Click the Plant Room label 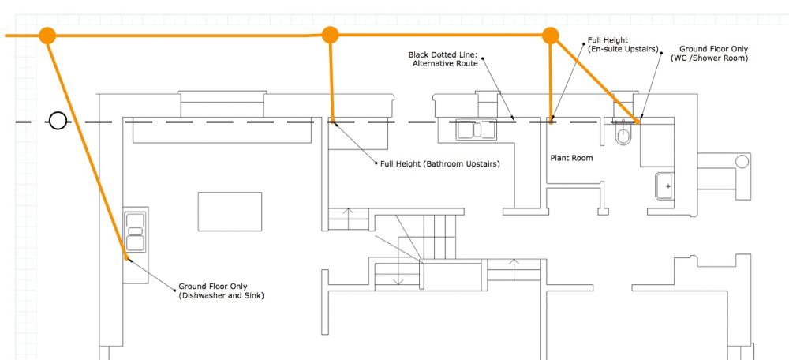click(571, 158)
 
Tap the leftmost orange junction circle click(47, 36)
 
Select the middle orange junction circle click(330, 36)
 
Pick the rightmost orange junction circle click(551, 36)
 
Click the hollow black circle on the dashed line click(58, 122)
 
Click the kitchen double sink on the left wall click(136, 231)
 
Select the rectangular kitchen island click(230, 212)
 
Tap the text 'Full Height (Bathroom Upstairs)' click(440, 164)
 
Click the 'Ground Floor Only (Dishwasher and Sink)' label click(221, 291)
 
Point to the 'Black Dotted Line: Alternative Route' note click(443, 59)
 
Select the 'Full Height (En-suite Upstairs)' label click(623, 44)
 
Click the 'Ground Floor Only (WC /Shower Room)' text click(709, 54)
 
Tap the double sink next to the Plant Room click(476, 129)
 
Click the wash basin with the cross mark click(664, 186)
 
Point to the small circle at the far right click(742, 162)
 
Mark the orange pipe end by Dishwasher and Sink click(126, 258)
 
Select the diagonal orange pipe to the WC click(595, 79)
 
